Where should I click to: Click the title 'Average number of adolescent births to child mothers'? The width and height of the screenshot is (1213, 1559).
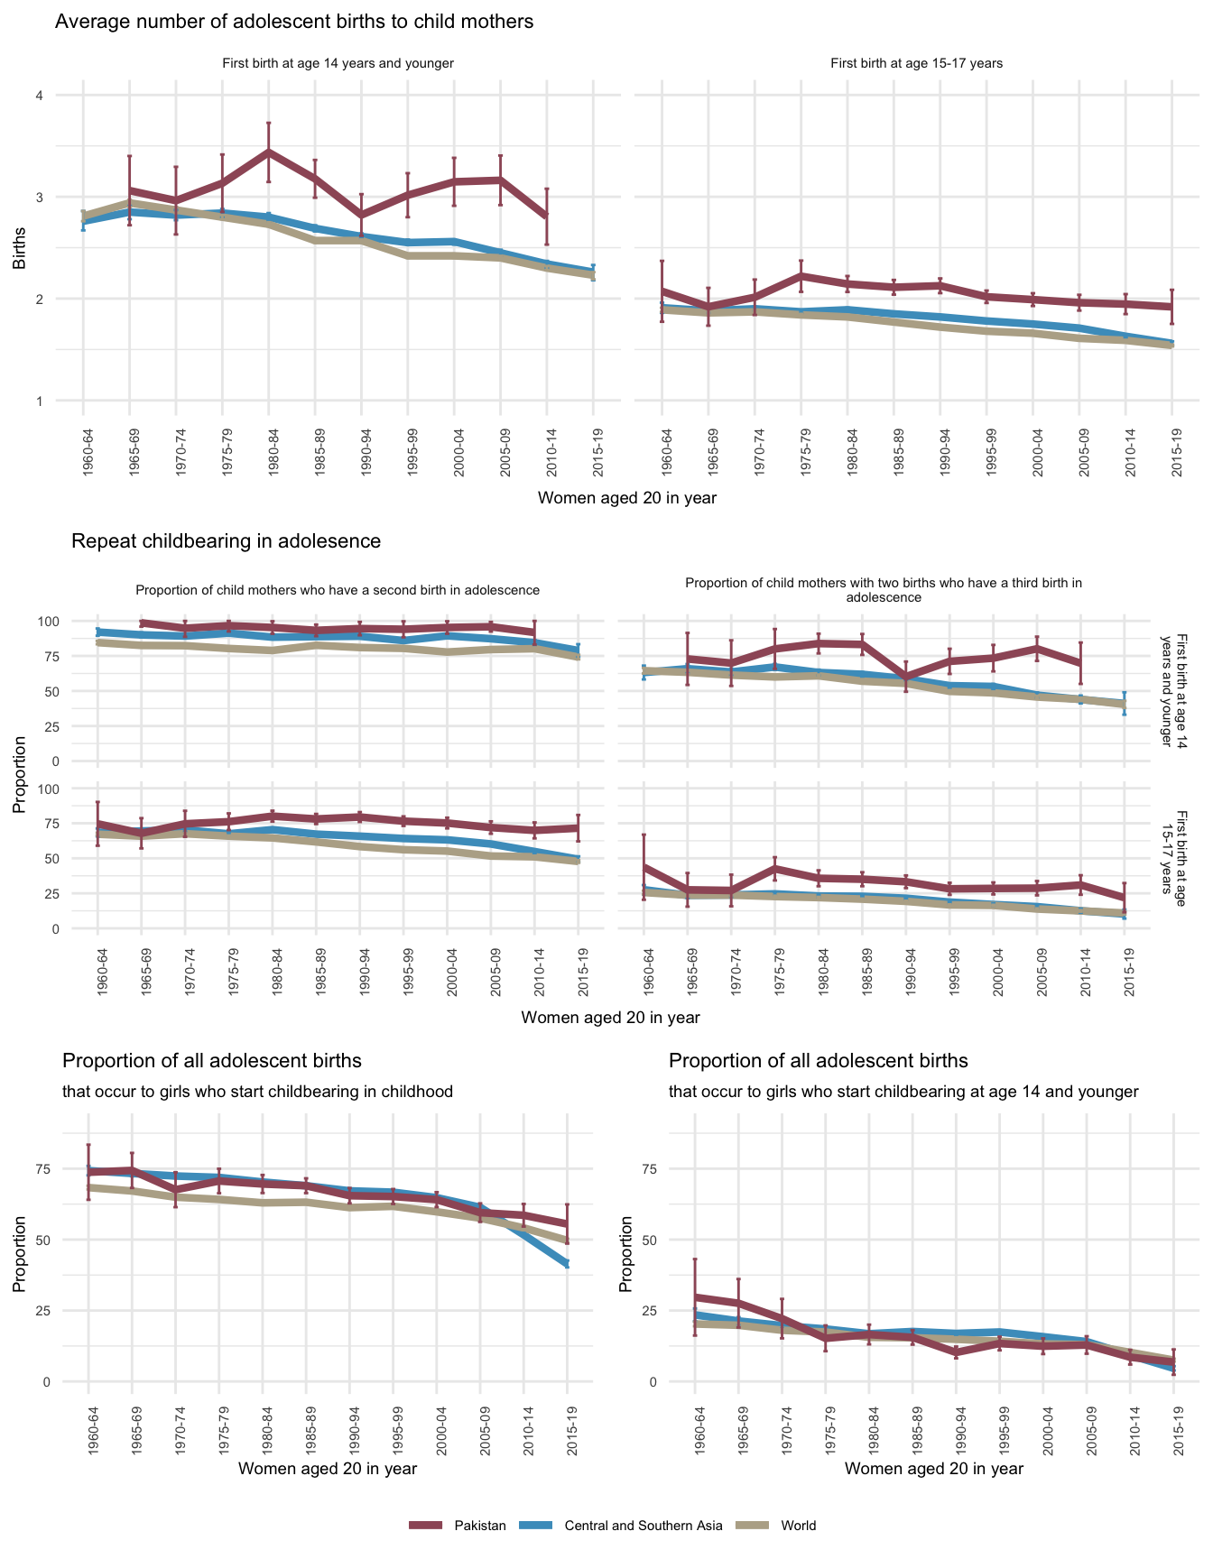(294, 22)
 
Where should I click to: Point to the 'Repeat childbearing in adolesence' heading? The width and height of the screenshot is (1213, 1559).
(226, 541)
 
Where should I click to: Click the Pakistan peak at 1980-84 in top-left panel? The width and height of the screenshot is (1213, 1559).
(268, 152)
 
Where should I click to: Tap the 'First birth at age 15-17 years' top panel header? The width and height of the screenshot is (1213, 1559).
(916, 64)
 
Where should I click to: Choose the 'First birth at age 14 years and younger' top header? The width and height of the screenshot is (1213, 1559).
(338, 64)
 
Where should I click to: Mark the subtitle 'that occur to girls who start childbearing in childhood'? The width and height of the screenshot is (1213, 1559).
(257, 1092)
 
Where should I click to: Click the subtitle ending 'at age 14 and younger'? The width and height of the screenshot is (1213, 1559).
(903, 1092)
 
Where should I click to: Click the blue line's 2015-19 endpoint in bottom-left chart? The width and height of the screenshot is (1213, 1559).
(568, 1264)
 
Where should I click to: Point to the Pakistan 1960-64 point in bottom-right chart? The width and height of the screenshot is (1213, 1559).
(695, 1296)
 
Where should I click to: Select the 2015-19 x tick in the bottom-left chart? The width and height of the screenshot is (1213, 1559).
(568, 1425)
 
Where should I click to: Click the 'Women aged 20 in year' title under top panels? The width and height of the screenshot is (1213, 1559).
(626, 498)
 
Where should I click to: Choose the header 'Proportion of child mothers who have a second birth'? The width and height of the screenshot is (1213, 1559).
(338, 590)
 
